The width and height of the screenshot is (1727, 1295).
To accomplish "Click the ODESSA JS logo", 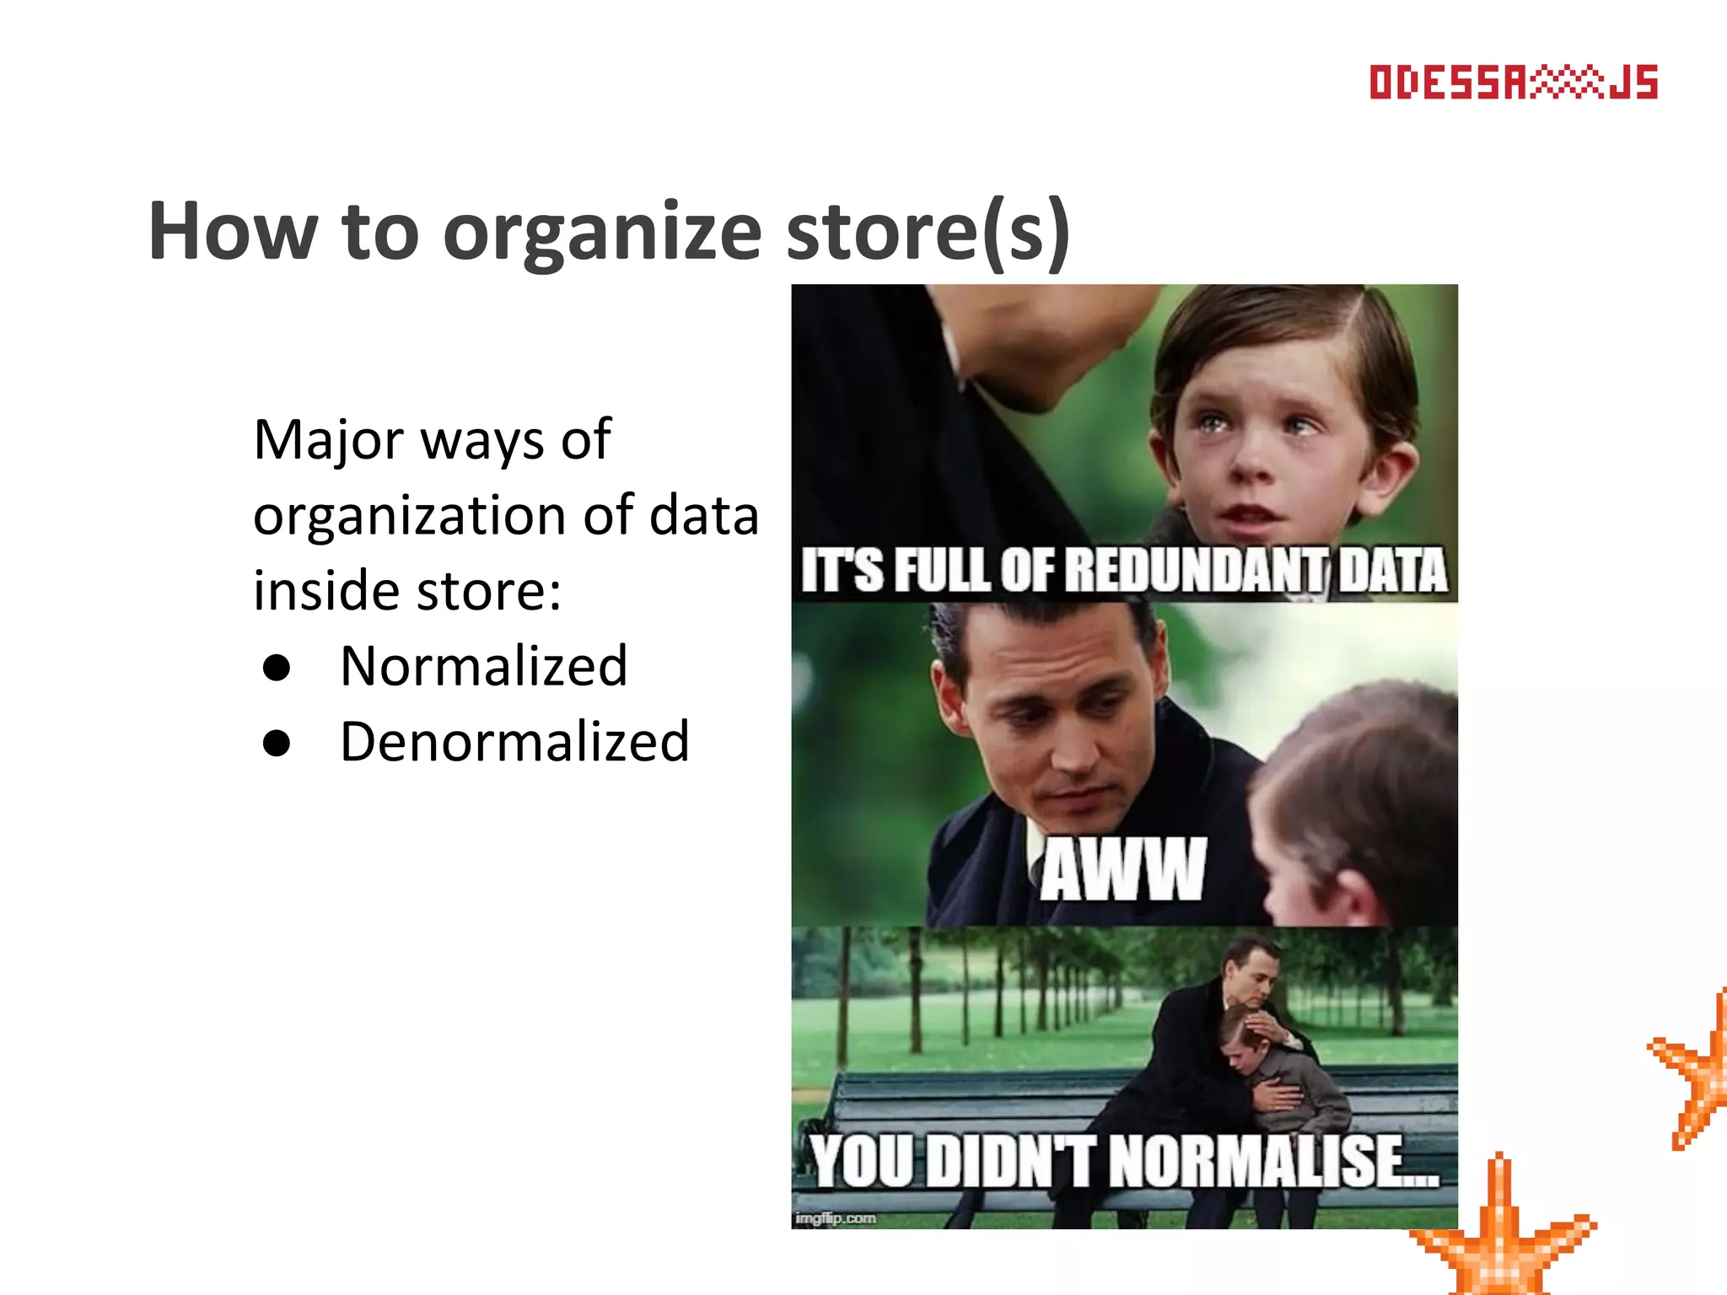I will [x=1513, y=83].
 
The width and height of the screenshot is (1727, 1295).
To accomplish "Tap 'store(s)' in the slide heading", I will [x=928, y=233].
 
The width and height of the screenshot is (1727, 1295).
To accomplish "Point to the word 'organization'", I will [x=410, y=515].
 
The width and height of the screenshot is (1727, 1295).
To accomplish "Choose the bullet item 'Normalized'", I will [x=484, y=666].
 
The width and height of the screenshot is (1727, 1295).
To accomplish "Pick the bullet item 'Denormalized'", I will [x=514, y=742].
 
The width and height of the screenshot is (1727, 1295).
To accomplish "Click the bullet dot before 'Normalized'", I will [x=277, y=668].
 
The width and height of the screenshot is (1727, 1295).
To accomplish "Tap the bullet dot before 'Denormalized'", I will [x=277, y=744].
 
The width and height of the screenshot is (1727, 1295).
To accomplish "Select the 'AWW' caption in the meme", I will [x=1122, y=869].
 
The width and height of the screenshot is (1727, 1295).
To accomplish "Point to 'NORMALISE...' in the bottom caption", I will [x=1273, y=1162].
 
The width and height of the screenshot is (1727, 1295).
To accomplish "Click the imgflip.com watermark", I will [x=836, y=1218].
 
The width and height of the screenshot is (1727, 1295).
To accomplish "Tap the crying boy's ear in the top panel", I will [x=1396, y=472].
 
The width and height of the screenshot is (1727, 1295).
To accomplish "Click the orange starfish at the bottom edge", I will [x=1501, y=1239].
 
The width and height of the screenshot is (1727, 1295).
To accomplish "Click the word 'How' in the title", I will [x=233, y=233].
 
